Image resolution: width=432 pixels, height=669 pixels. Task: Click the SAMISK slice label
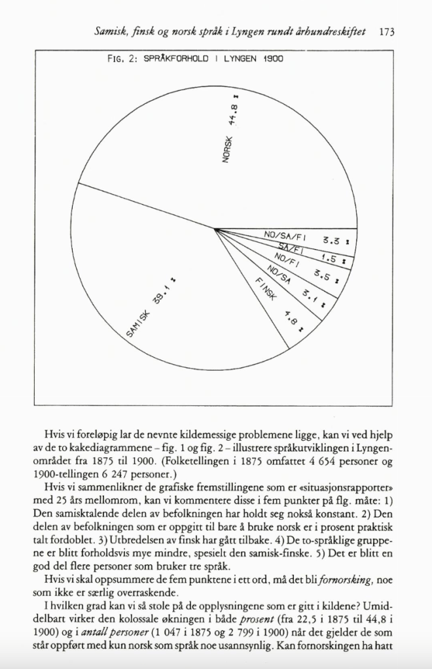tap(137, 324)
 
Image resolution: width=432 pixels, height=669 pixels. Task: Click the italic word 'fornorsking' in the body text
tap(340, 581)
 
